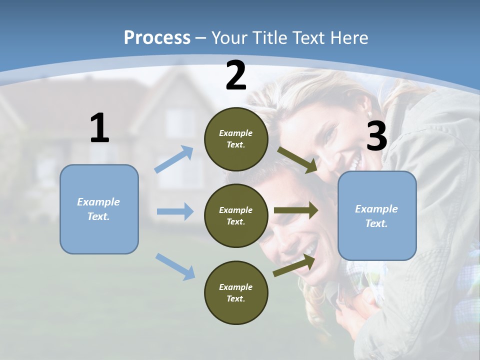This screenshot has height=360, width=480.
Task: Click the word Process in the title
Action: pyautogui.click(x=157, y=37)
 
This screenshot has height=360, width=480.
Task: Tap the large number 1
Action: pyautogui.click(x=99, y=128)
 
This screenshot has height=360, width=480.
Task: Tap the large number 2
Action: pyautogui.click(x=236, y=76)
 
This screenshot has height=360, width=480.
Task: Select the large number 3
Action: pyautogui.click(x=376, y=136)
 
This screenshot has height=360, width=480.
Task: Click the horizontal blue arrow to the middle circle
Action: pyautogui.click(x=175, y=211)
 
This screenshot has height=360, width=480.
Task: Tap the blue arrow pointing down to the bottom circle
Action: pyautogui.click(x=175, y=266)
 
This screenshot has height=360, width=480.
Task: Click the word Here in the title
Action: pyautogui.click(x=348, y=37)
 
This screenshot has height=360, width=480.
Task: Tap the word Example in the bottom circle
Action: pyautogui.click(x=236, y=287)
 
